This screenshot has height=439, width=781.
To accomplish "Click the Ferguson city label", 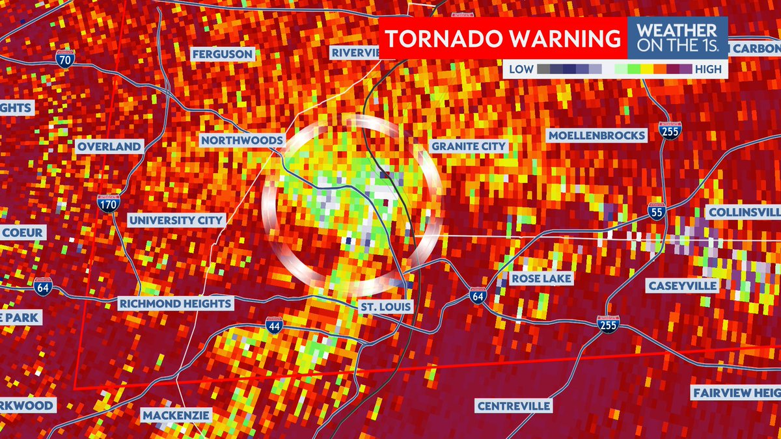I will point(222,54).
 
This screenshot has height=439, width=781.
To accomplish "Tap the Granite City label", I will point(467,146).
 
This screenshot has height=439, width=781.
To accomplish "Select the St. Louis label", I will point(385,306).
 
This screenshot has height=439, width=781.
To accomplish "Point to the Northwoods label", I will point(241,140).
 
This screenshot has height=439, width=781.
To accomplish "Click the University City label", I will point(176,220).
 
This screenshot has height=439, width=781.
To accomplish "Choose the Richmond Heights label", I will point(174,303).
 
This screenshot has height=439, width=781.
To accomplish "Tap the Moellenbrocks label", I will point(597,136).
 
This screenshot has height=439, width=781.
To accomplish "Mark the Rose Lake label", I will point(541,278).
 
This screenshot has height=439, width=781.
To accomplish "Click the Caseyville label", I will point(682,286).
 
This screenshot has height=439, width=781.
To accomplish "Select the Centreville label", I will point(514,406).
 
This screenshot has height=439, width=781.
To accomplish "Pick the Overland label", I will point(109,146).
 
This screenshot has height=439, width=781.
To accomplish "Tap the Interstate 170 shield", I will point(107,204).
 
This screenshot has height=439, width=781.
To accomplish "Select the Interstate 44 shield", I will point(274,326).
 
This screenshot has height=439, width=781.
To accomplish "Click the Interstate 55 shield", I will point(657,211).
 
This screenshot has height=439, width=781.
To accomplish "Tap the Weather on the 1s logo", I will point(676,38).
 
